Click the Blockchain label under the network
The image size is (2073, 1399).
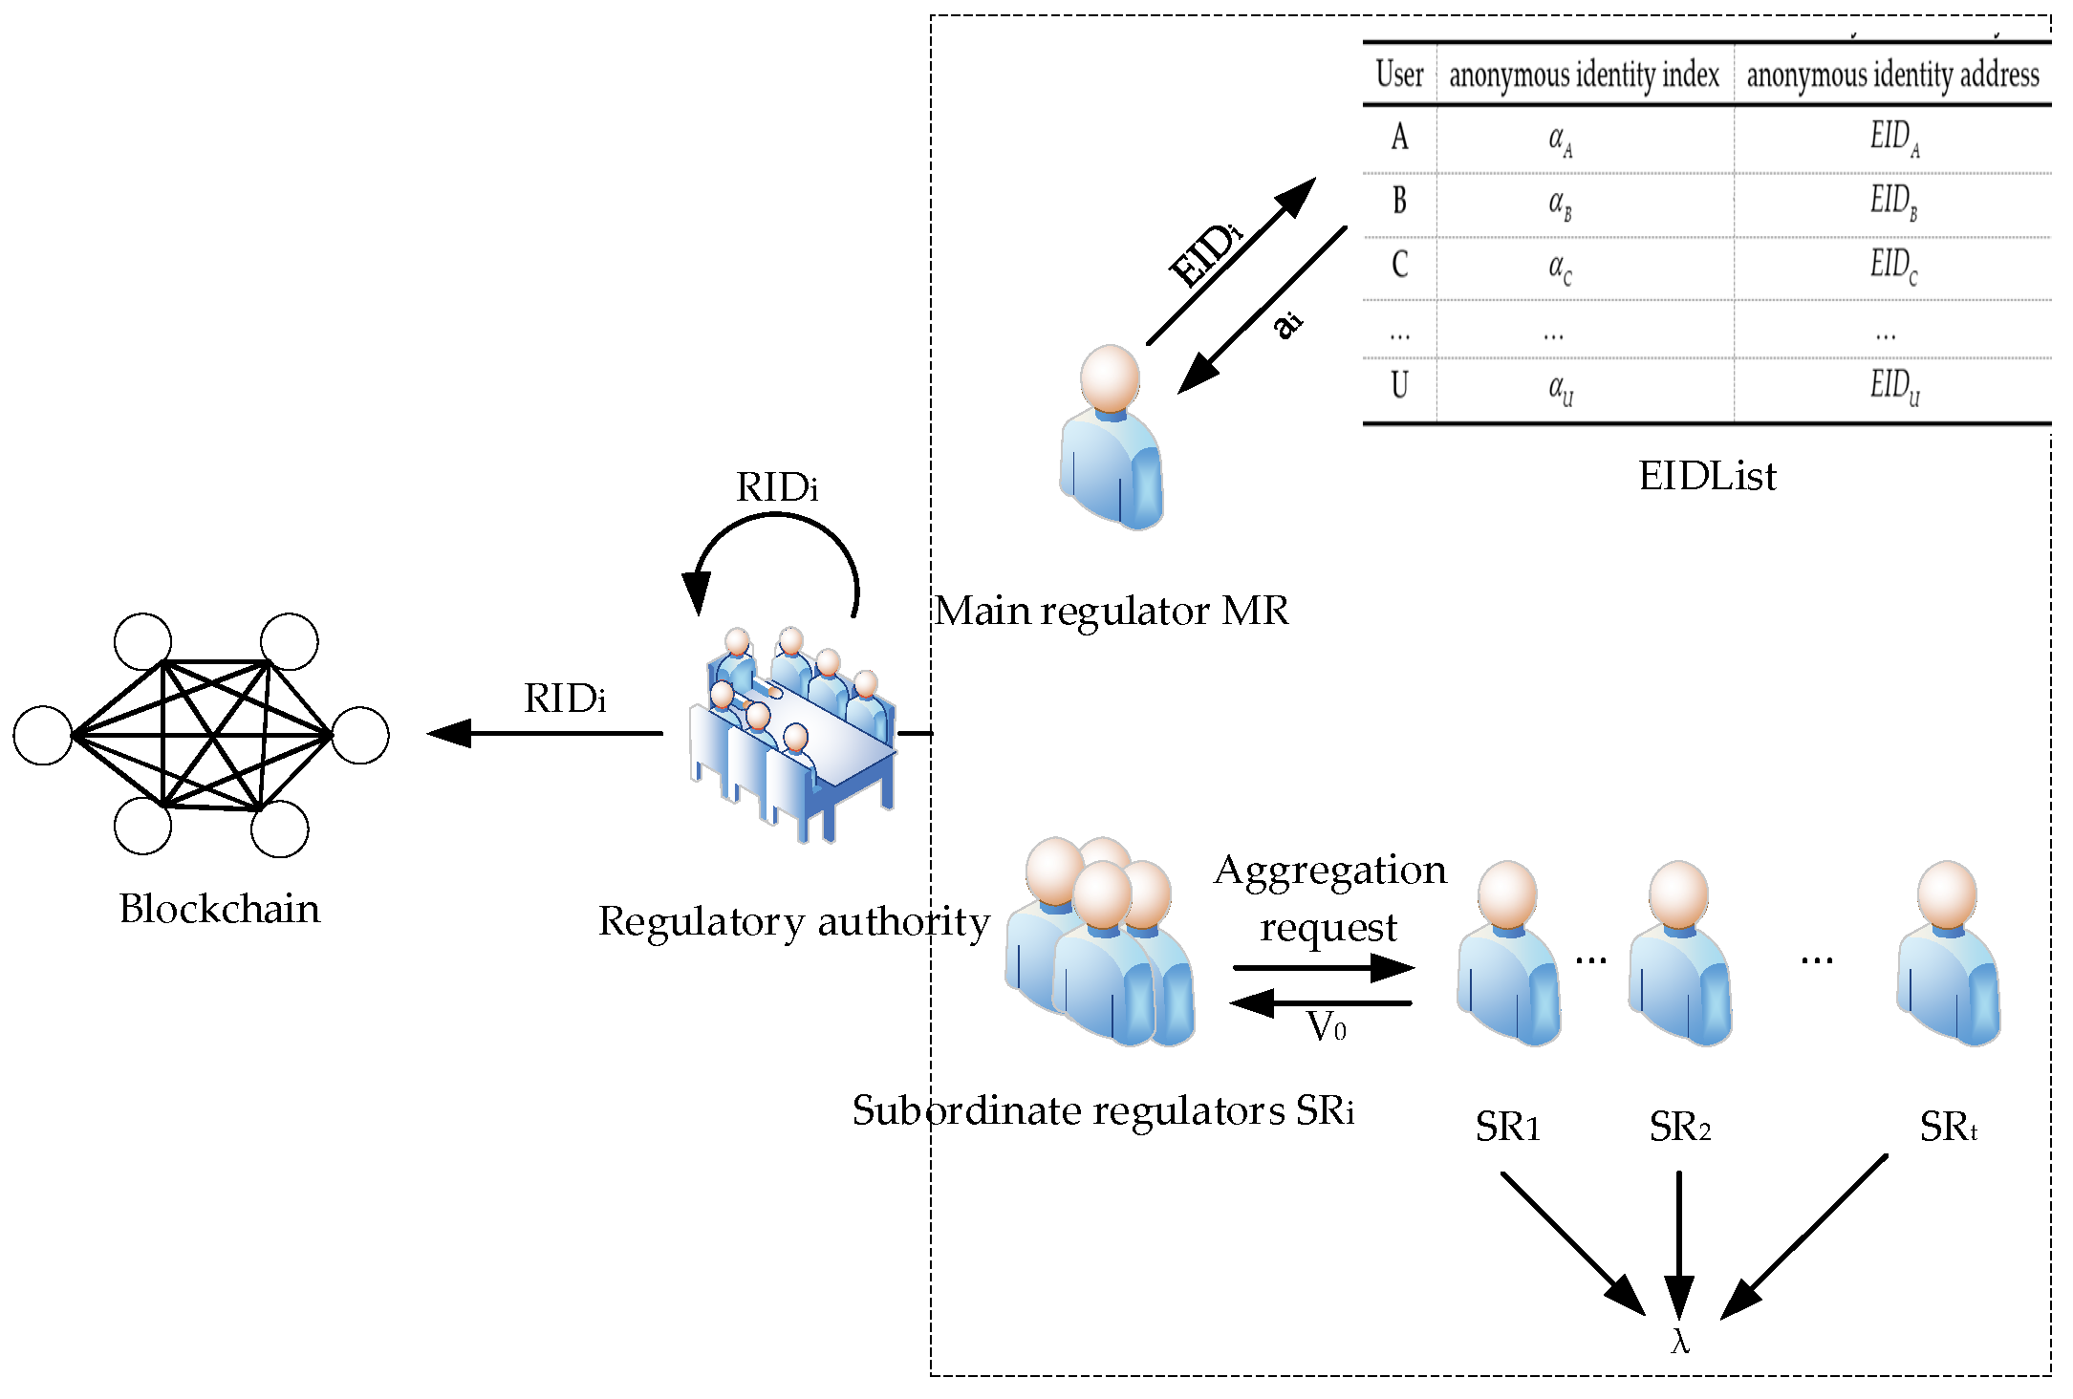(219, 909)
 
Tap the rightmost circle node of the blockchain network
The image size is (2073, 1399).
(360, 735)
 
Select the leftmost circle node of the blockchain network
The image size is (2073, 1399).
(43, 735)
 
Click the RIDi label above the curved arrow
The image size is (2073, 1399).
(776, 487)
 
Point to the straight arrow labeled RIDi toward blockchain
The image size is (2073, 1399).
(545, 733)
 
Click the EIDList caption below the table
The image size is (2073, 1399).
(1707, 476)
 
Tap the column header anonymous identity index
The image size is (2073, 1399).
(1584, 75)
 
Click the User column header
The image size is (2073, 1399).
(1399, 75)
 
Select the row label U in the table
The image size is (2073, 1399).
(1399, 386)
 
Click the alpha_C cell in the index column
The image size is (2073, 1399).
(1559, 267)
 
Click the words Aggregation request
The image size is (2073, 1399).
(1330, 898)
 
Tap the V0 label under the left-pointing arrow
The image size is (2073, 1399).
(1327, 1027)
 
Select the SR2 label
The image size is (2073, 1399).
(1679, 1127)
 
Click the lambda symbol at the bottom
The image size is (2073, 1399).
(1680, 1342)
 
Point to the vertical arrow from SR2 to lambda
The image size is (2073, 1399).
(1679, 1242)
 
